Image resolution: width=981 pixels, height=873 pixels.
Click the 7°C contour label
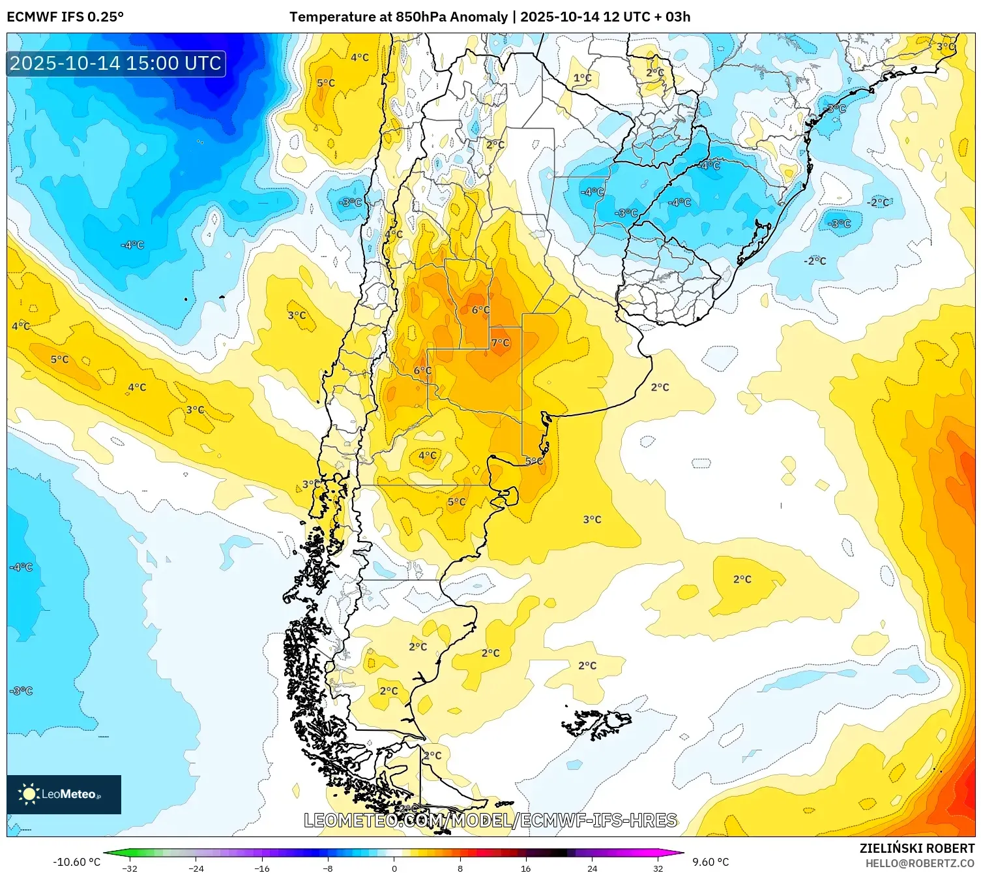[x=501, y=343]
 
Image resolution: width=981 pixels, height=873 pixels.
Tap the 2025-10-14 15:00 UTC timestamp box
[x=116, y=63]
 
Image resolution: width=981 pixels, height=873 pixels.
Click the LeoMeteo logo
[x=63, y=794]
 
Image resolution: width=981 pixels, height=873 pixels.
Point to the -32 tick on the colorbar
[x=130, y=868]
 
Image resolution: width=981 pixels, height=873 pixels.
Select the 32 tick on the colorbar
[x=658, y=868]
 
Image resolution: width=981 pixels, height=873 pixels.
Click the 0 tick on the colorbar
[x=394, y=868]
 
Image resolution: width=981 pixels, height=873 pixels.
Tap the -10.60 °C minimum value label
[x=76, y=863]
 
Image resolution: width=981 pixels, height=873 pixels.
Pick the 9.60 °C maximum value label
[x=710, y=863]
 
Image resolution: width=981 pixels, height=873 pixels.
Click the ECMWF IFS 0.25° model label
[x=65, y=17]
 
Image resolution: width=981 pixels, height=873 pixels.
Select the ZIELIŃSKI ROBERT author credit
[x=916, y=848]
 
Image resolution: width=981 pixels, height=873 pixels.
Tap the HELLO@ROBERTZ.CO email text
[x=920, y=863]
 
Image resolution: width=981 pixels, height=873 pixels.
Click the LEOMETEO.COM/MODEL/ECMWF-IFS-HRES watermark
[x=490, y=820]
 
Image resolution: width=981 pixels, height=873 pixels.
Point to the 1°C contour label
[x=582, y=78]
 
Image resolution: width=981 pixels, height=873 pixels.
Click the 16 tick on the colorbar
[x=525, y=868]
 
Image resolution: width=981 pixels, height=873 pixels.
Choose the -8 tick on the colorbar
[x=328, y=868]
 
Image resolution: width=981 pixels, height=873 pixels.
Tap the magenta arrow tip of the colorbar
[x=679, y=852]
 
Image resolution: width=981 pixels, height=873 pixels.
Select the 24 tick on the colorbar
[x=592, y=868]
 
